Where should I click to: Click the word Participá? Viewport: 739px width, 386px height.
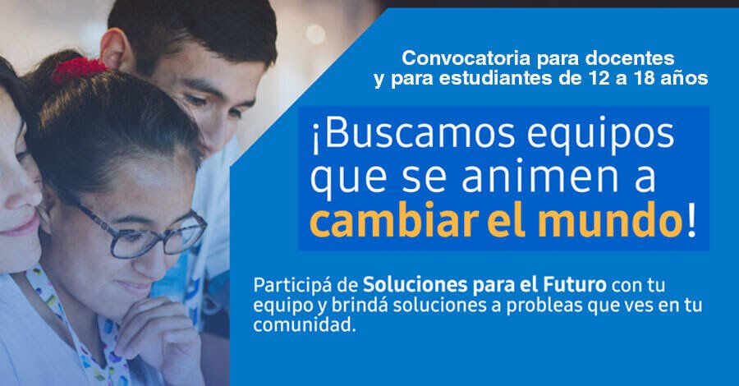[296, 287]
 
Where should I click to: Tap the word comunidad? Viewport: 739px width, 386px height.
[306, 325]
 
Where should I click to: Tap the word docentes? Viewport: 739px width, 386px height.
[634, 60]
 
